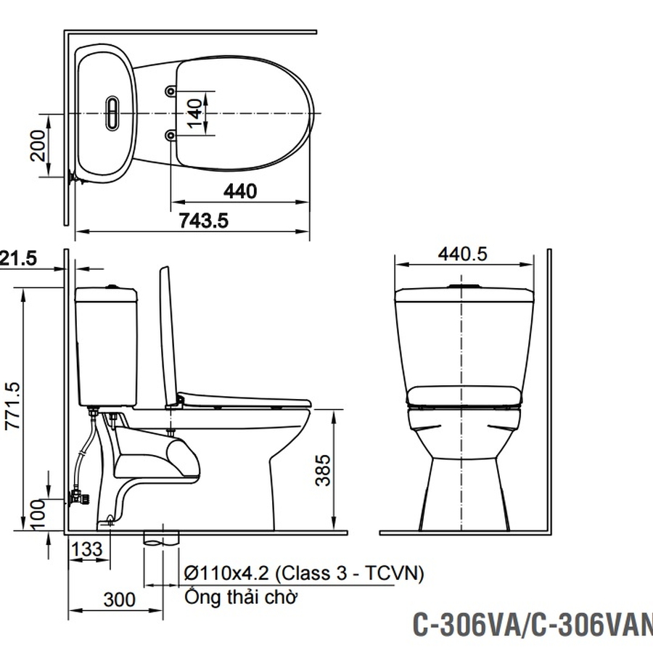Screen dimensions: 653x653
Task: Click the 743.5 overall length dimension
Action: [203, 221]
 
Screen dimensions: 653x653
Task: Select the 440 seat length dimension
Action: [239, 191]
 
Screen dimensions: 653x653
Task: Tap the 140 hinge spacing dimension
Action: [194, 113]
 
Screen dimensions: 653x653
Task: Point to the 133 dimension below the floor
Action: [88, 549]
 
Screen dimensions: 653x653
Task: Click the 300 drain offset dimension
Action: [119, 599]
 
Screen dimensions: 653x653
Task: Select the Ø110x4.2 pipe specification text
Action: [303, 573]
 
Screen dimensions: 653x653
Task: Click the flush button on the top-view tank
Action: [112, 113]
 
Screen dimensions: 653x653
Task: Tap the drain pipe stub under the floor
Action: [161, 538]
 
